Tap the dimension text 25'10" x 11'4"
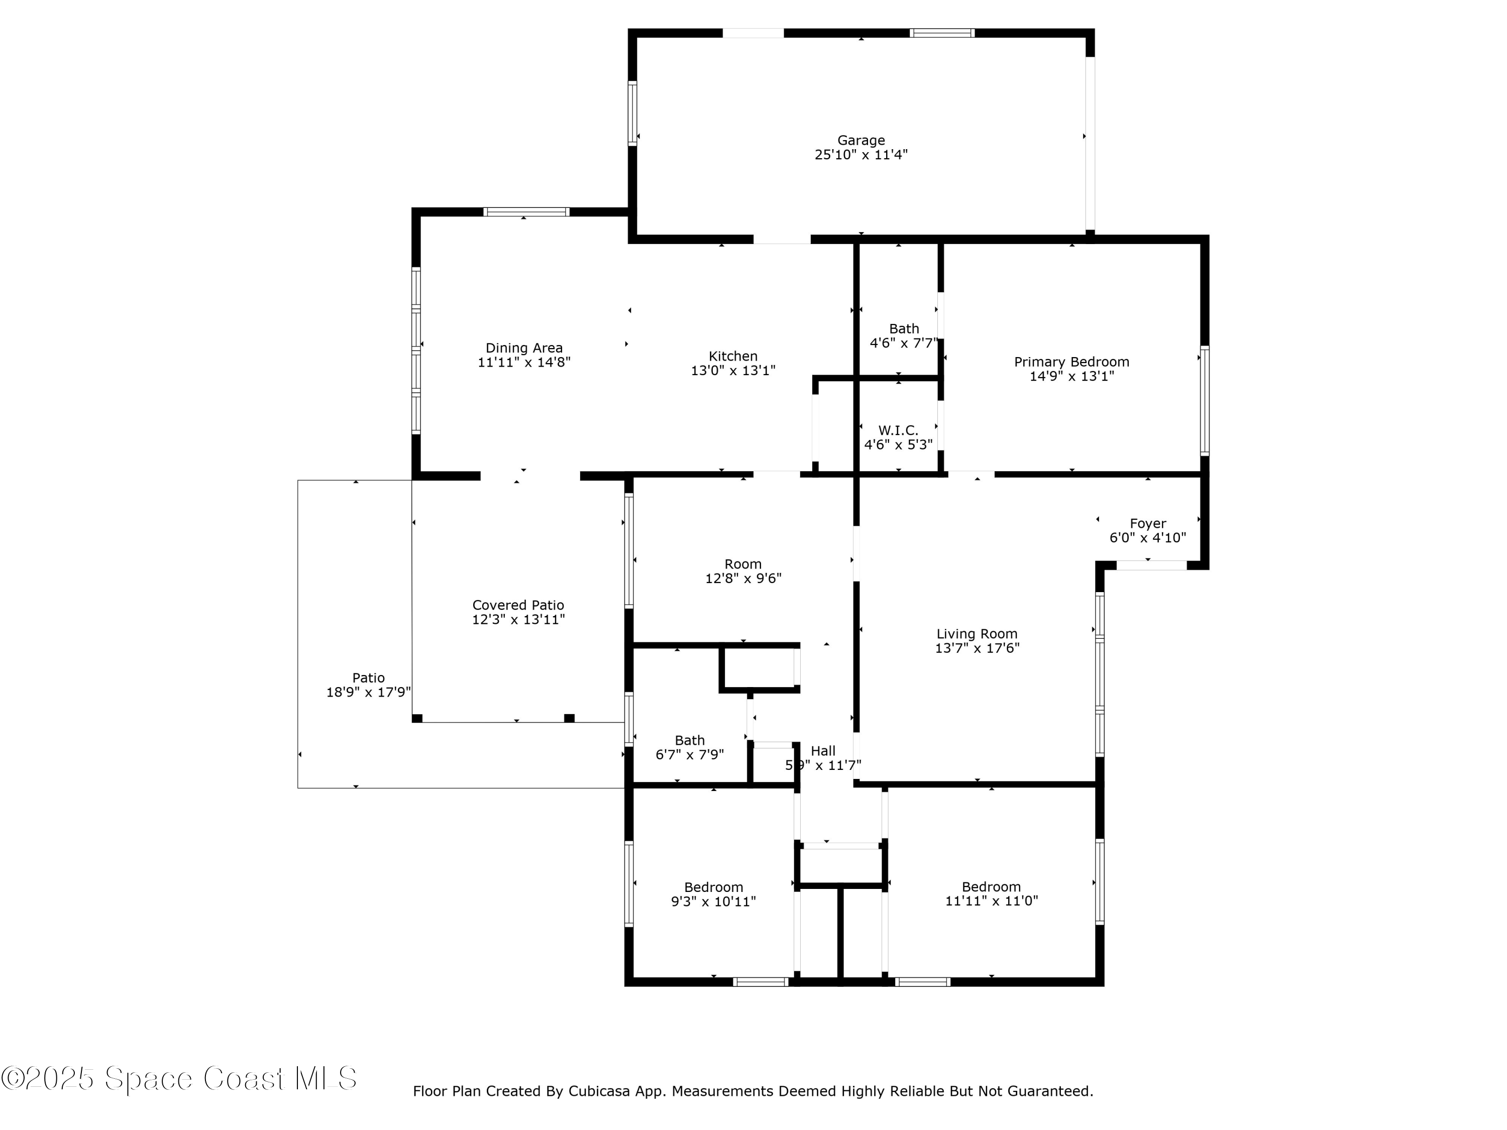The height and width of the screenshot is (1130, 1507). pyautogui.click(x=861, y=155)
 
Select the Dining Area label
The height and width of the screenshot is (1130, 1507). pyautogui.click(x=524, y=348)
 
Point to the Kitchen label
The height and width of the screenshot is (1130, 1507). pyautogui.click(x=733, y=356)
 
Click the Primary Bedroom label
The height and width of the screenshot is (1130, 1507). pyautogui.click(x=1071, y=362)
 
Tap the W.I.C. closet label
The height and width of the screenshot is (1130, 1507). pyautogui.click(x=898, y=430)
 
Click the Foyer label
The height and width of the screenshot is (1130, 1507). pyautogui.click(x=1148, y=523)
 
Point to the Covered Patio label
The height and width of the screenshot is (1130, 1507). pyautogui.click(x=518, y=605)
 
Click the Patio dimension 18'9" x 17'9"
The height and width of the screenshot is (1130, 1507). pyautogui.click(x=369, y=692)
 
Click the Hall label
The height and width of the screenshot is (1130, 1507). pyautogui.click(x=823, y=751)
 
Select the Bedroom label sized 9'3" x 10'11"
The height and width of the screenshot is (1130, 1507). pyautogui.click(x=713, y=887)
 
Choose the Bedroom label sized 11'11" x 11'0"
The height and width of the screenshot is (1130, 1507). pyautogui.click(x=991, y=887)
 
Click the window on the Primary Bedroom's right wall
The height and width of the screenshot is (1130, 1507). pyautogui.click(x=1205, y=400)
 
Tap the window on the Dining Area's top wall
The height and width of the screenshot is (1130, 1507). pyautogui.click(x=526, y=212)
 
